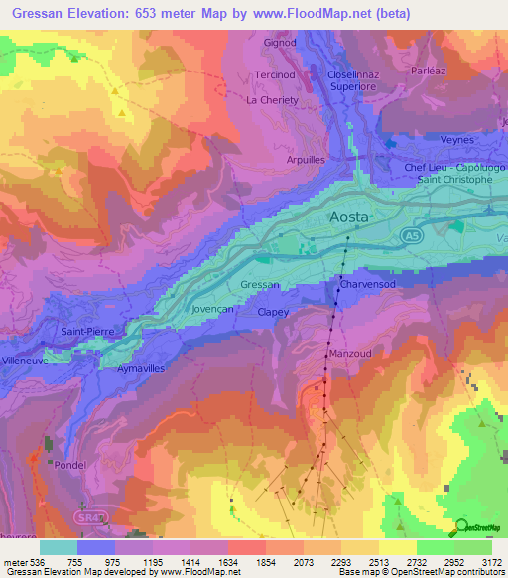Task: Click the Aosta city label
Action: pos(348,217)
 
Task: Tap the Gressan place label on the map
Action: pos(260,285)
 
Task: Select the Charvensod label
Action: pos(368,285)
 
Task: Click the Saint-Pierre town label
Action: pos(87,331)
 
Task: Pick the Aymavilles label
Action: pos(140,368)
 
